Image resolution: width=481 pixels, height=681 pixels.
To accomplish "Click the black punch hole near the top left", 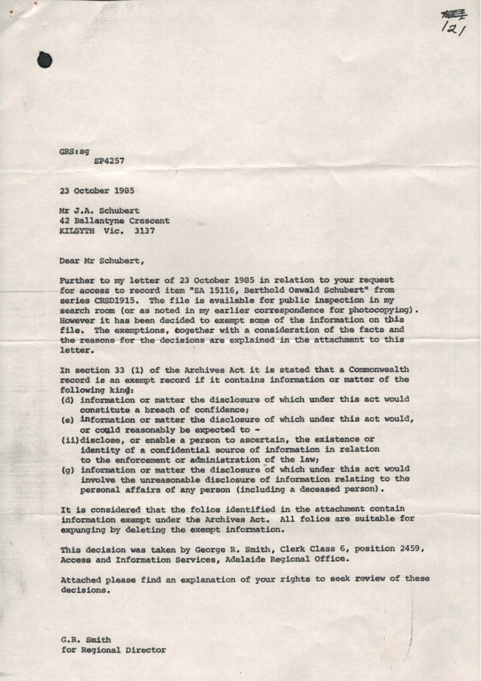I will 45,59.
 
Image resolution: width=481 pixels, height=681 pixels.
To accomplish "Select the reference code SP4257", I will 108,160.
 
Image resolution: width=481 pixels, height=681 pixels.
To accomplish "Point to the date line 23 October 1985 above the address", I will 96,190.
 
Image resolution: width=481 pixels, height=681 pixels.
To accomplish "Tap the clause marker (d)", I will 67,399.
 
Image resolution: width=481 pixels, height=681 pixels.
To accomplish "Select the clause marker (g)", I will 67,469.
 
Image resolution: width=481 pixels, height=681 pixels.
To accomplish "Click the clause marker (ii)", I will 69,439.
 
